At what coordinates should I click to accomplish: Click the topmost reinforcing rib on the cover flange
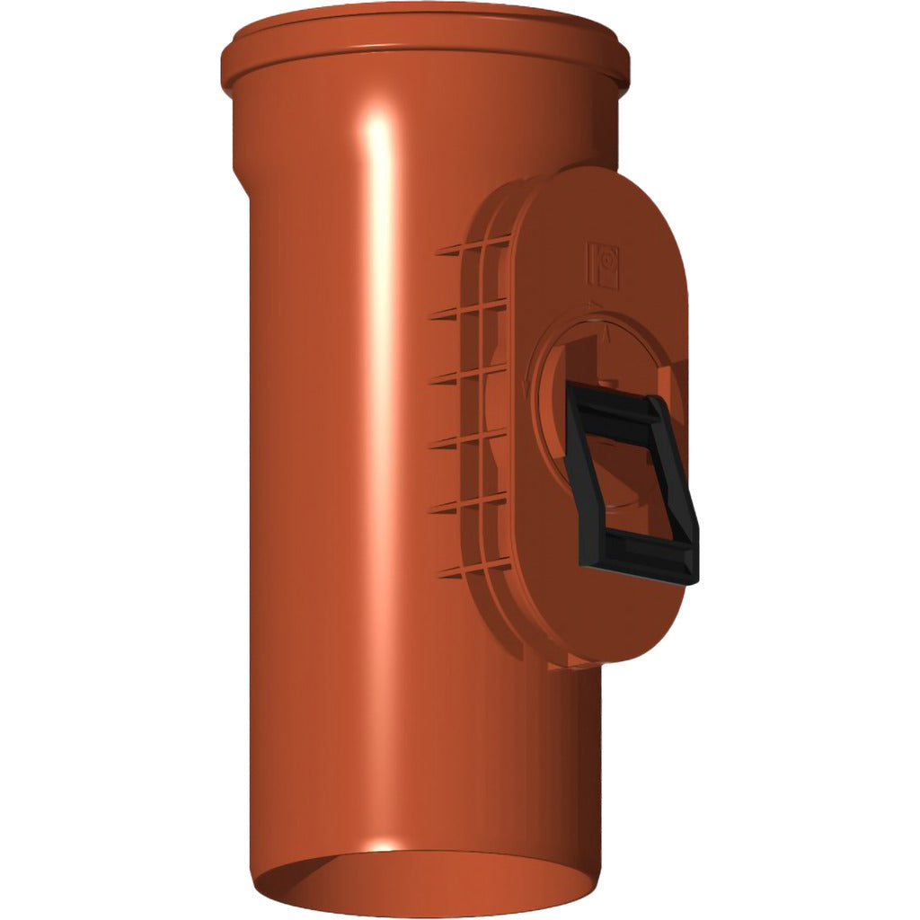click(x=459, y=249)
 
